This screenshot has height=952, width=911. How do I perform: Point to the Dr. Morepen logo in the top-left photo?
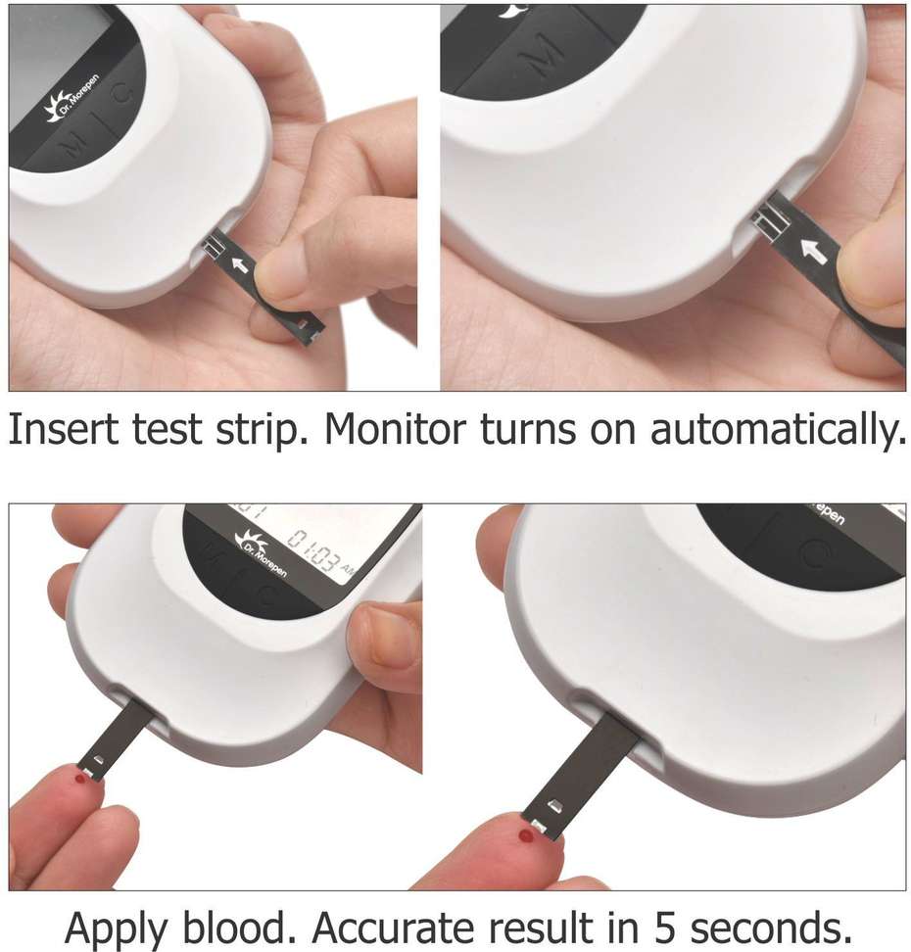coord(72,109)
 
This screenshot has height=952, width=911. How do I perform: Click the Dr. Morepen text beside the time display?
coord(262,553)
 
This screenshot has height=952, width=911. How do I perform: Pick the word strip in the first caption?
coord(264,432)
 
